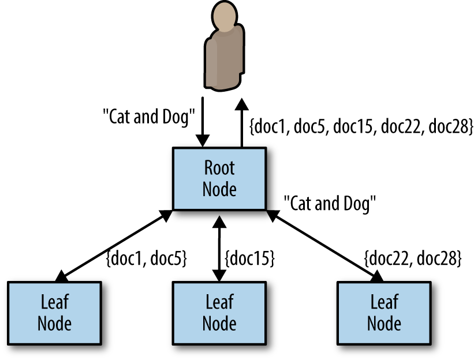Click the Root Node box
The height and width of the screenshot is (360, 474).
tap(219, 178)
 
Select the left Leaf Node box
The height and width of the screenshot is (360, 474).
tap(54, 313)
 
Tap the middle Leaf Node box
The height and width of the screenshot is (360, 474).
tap(219, 313)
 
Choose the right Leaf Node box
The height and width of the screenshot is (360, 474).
tap(384, 313)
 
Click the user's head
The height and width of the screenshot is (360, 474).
tap(225, 16)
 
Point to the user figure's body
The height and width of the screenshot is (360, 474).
tap(224, 59)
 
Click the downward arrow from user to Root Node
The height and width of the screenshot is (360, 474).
tap(203, 122)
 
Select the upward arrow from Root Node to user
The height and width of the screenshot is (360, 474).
tap(241, 123)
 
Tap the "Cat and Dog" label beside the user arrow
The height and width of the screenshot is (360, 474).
tap(149, 117)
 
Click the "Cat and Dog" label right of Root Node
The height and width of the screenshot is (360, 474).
tap(330, 204)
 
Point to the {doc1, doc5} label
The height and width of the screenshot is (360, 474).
tap(147, 258)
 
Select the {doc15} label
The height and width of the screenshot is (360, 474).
tap(249, 258)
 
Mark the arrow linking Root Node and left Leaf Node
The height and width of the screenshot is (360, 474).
tap(114, 246)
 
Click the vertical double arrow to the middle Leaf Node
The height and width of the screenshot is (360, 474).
tap(219, 249)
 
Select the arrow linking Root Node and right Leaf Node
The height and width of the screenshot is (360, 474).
tap(325, 246)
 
